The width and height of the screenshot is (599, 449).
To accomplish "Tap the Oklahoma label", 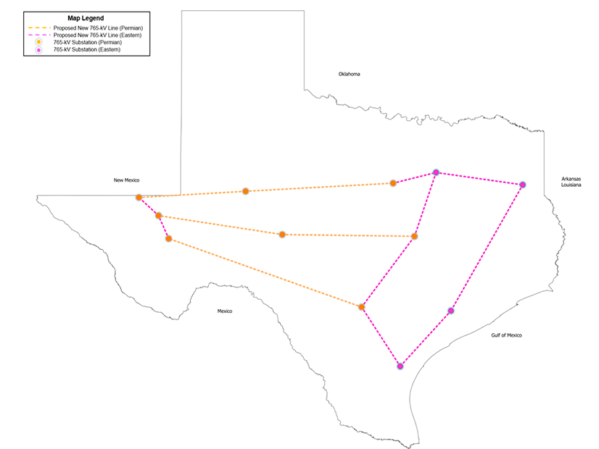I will [x=349, y=74].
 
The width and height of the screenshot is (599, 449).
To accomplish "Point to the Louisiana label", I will [x=572, y=185].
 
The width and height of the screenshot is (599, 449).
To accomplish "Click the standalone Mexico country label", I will [x=225, y=311].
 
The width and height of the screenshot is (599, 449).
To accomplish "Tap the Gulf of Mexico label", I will [x=506, y=335].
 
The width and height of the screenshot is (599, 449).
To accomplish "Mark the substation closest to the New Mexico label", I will [x=139, y=197].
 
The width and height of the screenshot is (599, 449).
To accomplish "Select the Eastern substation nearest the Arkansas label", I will [x=522, y=185].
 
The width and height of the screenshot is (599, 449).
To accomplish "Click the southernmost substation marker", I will [x=400, y=366].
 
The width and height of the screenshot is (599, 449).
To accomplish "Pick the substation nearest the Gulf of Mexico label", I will [x=451, y=311].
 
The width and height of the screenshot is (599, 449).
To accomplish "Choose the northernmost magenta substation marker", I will [x=436, y=172].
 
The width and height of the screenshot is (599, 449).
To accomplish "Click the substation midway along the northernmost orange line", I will [x=246, y=191].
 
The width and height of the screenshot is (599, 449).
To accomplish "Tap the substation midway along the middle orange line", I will [x=282, y=234].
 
